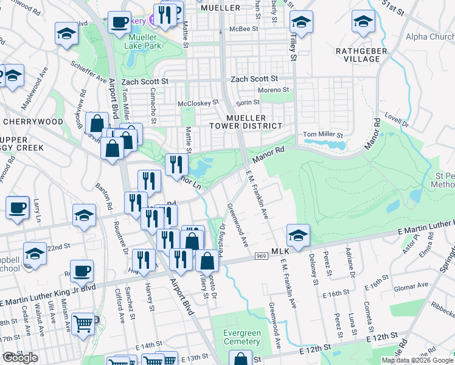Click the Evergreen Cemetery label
click(x=241, y=337)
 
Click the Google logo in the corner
click(x=19, y=358)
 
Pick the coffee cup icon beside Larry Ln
click(x=18, y=207)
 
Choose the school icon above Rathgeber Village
click(x=363, y=22)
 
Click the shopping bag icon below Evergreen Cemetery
click(x=241, y=359)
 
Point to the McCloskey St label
click(x=198, y=103)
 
